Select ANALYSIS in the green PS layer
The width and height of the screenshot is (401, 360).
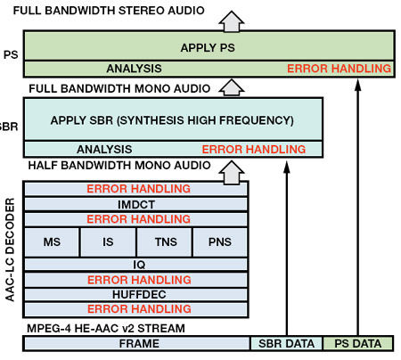coord(134,69)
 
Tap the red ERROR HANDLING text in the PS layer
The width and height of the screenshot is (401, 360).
coord(339,69)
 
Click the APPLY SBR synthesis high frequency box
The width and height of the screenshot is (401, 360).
coord(173,119)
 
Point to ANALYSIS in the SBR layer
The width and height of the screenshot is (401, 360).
coord(104,149)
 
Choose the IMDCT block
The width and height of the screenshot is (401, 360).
coord(136,204)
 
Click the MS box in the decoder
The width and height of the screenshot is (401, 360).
coord(52,241)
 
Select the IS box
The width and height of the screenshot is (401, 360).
coord(108,241)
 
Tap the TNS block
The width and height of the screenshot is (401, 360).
coord(165,241)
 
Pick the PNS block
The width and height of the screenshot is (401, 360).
coord(220,241)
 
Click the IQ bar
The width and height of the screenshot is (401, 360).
coord(136,265)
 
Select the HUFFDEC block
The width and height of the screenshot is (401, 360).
coord(136,294)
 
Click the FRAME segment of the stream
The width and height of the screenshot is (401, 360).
coord(137,344)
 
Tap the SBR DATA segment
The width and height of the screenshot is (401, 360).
coord(286,344)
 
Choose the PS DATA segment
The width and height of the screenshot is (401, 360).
coord(358,344)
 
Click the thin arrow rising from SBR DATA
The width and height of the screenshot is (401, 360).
coord(287,249)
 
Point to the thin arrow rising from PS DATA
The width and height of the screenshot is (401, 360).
coord(358,208)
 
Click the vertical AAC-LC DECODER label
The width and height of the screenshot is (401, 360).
coord(10,250)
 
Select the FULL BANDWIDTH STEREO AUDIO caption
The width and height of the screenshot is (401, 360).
coord(109,11)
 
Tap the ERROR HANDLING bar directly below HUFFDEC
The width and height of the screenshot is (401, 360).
coord(136,309)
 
